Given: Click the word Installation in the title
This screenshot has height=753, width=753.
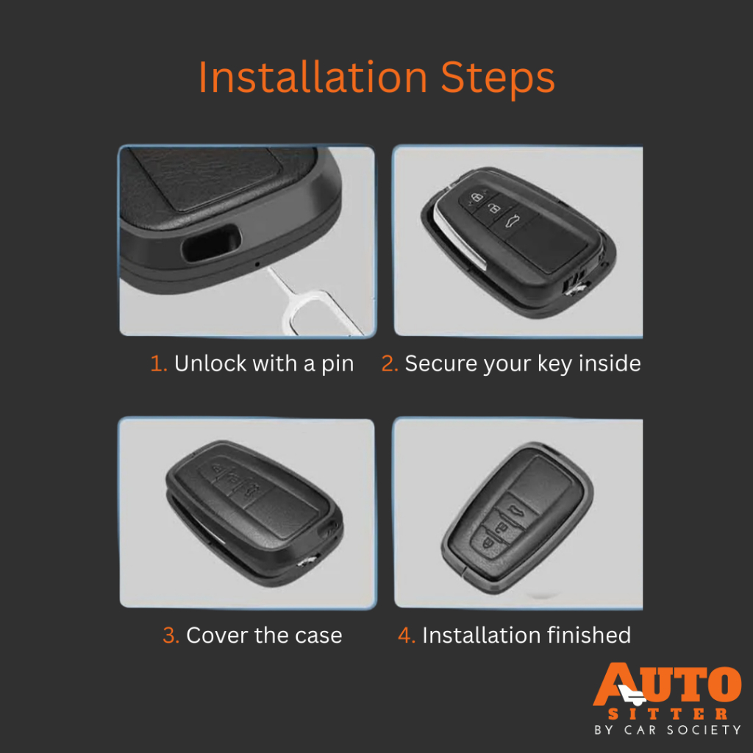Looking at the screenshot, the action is click(313, 77).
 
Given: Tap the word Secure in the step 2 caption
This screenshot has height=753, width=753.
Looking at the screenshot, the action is click(441, 363).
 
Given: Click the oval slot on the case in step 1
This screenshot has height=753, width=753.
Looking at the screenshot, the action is click(211, 243).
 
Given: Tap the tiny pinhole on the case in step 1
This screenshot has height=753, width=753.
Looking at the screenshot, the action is click(257, 264).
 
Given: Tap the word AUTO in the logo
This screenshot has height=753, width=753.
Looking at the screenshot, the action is click(668, 684).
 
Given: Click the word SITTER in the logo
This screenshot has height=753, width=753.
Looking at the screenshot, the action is click(668, 714).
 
